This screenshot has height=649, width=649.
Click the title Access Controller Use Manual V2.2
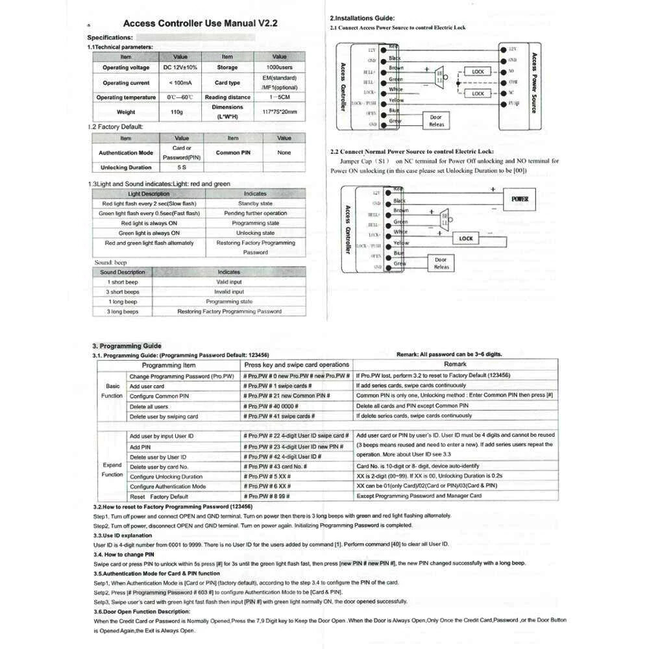[201, 23]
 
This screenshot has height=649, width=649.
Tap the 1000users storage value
[279, 67]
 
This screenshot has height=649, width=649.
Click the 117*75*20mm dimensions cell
[280, 112]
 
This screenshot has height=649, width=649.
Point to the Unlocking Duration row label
[126, 167]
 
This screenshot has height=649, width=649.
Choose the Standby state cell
[255, 204]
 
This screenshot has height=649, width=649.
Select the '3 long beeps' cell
[123, 312]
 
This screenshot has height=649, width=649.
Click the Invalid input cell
[229, 292]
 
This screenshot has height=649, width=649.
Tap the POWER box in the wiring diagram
[520, 199]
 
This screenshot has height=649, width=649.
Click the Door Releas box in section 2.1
[436, 121]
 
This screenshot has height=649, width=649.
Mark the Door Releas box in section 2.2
[441, 263]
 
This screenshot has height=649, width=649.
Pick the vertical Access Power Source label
[533, 83]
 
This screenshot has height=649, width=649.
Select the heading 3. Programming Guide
[127, 346]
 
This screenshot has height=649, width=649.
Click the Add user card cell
[147, 386]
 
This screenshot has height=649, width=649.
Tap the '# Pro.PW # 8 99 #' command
[267, 496]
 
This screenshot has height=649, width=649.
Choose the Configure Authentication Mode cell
[167, 486]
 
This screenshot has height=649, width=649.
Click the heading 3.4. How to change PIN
[123, 555]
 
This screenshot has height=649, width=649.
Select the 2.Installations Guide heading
[362, 18]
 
